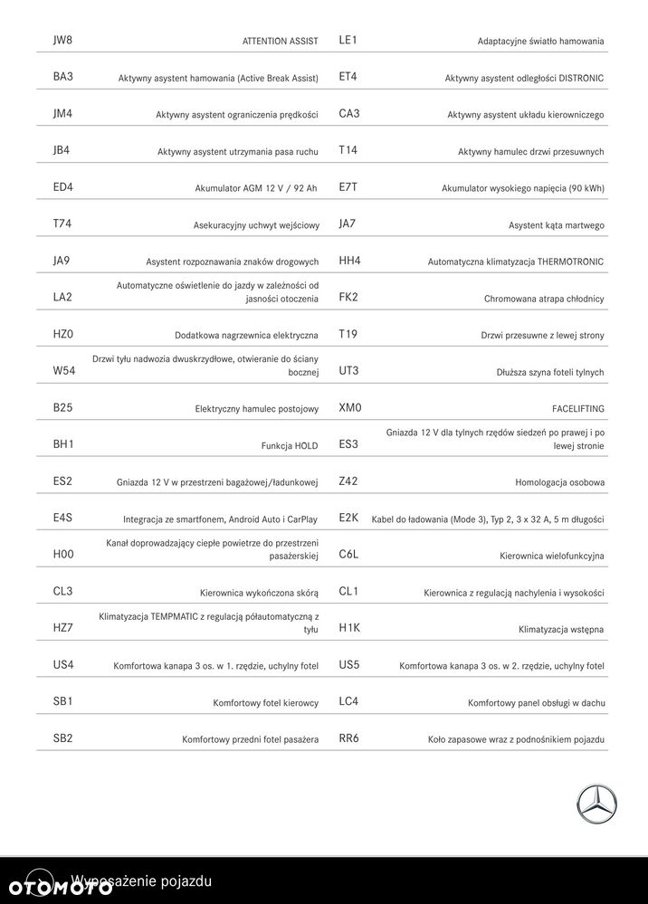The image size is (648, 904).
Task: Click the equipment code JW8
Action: [62, 40]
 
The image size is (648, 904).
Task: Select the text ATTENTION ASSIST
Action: [280, 42]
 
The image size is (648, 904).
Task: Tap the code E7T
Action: [348, 187]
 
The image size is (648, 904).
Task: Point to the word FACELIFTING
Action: [577, 409]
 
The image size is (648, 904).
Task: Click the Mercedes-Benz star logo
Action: [597, 804]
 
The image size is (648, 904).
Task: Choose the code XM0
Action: [350, 408]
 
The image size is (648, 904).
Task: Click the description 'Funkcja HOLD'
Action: [290, 446]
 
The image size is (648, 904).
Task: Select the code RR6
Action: [349, 738]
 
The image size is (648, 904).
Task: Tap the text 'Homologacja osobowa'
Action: [559, 483]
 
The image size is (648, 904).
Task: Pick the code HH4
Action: [350, 261]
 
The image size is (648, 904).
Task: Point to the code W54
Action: [63, 371]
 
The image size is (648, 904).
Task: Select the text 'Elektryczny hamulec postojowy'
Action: [257, 409]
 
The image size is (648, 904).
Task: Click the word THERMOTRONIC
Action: [570, 262]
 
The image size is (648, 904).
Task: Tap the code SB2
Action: [62, 738]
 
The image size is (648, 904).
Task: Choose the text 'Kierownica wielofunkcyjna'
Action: [551, 557]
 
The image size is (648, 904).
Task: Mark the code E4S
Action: [62, 519]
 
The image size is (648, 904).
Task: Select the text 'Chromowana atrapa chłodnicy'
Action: [544, 299]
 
